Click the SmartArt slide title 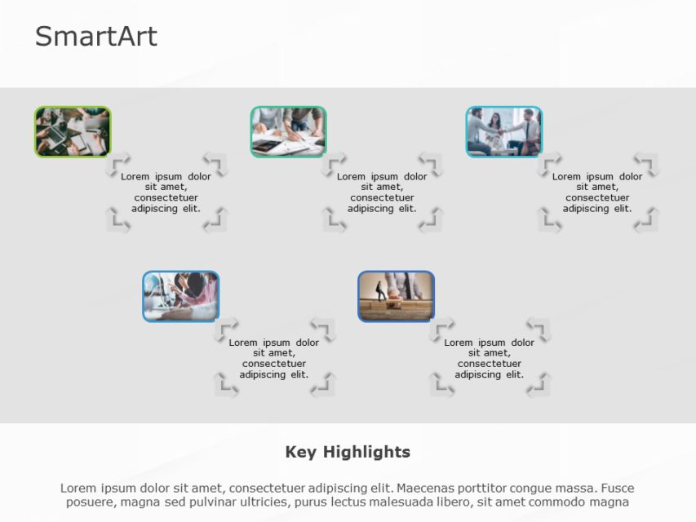(95, 37)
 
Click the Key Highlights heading (348, 452)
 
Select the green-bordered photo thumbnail (73, 131)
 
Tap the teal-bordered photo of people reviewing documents (288, 131)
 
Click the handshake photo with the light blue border (503, 131)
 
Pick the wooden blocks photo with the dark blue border (396, 296)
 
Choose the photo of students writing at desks (180, 296)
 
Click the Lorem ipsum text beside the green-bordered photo (166, 192)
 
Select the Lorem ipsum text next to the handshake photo (597, 192)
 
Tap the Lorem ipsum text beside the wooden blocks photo (489, 359)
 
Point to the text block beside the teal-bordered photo (382, 192)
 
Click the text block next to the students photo (273, 359)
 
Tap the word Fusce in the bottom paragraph (617, 488)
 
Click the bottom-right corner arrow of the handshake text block (646, 220)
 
